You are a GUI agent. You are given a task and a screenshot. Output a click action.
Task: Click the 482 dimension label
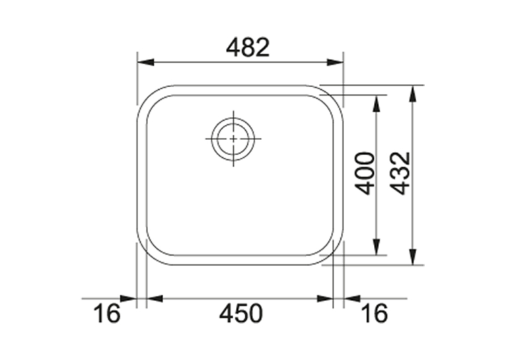248,48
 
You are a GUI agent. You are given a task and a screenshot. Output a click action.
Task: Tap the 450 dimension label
241,314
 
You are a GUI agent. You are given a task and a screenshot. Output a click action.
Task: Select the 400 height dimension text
365,174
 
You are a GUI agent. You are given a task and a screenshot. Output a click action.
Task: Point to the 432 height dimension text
400,174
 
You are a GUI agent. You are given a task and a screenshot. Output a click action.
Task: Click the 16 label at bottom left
107,314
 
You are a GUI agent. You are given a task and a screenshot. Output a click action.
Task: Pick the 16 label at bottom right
375,314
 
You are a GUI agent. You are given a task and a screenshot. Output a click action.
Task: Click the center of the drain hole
233,139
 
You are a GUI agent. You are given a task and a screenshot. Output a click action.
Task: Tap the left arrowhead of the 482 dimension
145,62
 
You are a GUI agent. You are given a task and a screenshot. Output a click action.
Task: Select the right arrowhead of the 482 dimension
335,62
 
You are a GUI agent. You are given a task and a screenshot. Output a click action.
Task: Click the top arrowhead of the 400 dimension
377,104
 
